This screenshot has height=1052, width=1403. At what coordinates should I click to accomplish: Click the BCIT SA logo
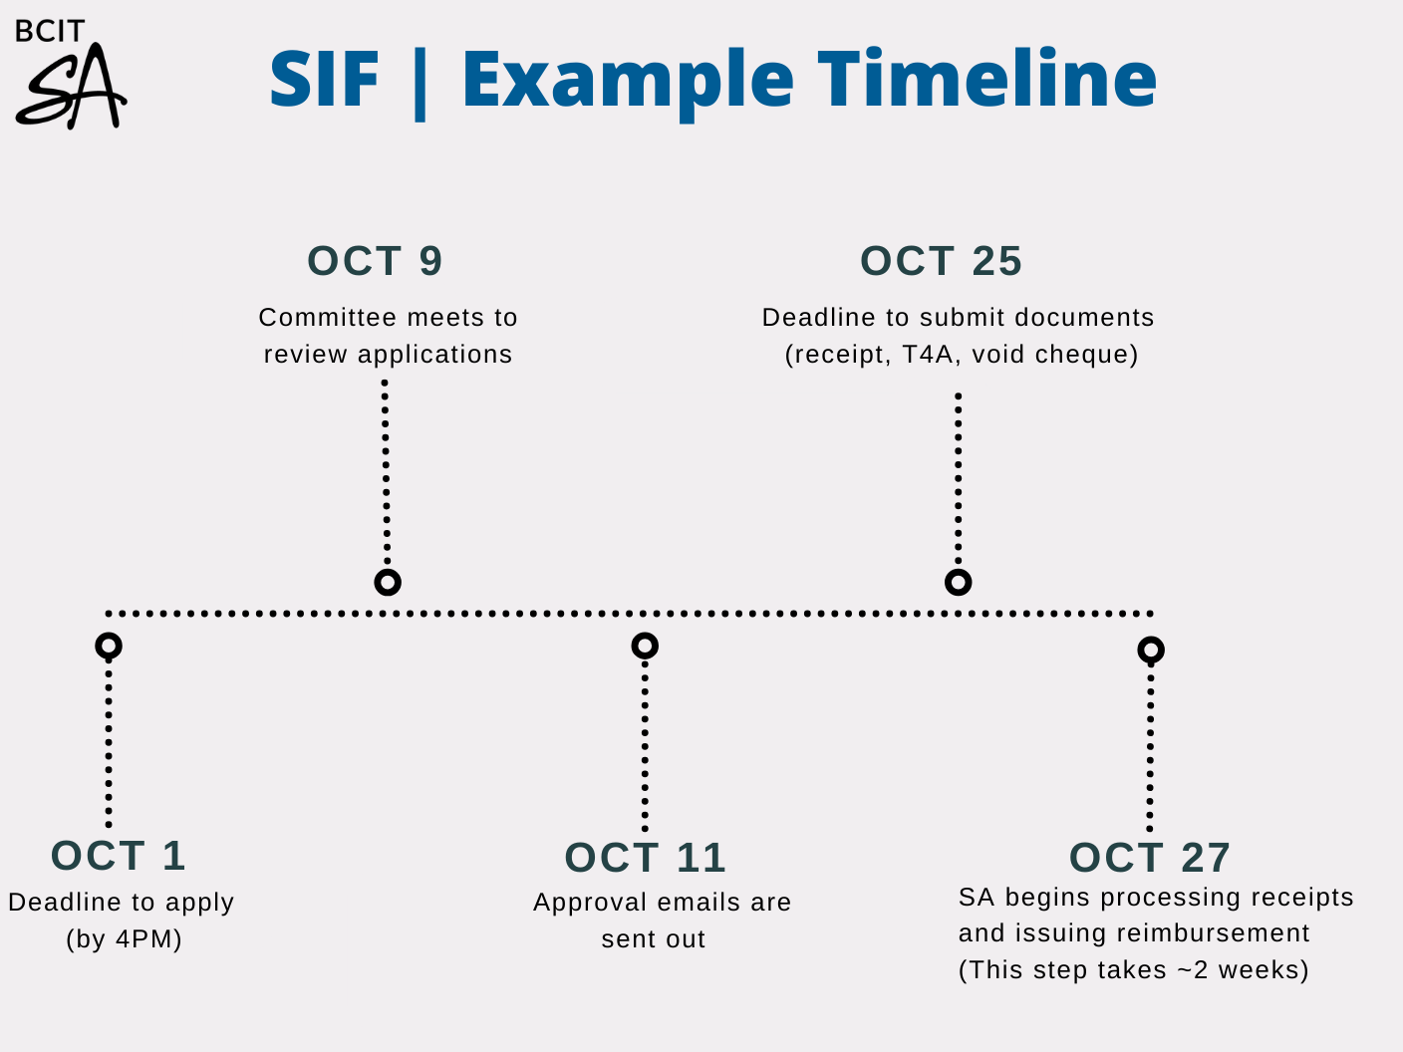tap(71, 74)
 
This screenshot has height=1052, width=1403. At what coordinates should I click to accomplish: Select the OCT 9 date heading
tap(376, 261)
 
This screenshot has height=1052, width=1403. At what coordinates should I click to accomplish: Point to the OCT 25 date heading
tap(942, 261)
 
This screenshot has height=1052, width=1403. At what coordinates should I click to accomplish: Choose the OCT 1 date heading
tap(119, 856)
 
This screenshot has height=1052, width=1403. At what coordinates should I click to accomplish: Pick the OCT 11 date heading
tap(646, 857)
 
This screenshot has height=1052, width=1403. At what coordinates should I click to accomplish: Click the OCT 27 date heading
tap(1150, 857)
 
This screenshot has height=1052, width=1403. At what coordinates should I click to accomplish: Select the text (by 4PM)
tap(124, 939)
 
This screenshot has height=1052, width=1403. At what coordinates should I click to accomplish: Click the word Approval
tap(591, 904)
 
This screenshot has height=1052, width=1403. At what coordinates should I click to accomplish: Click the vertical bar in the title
tap(420, 82)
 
